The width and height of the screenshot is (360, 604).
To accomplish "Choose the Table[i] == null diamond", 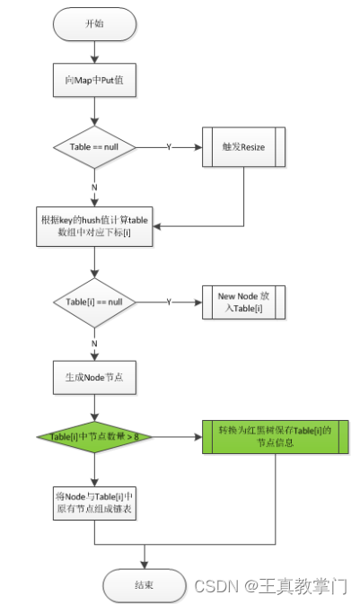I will pos(94,303).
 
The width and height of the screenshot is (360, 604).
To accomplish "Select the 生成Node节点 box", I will pos(94,378).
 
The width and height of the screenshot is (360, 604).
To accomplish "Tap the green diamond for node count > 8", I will pos(94,437).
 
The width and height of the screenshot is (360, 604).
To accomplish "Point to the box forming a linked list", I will pos(94,503).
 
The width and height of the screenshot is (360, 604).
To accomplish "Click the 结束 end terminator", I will pos(145,585).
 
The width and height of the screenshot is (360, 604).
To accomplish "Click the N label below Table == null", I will pos(94,187).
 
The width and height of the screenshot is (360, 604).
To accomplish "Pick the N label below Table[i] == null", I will pos(94,342).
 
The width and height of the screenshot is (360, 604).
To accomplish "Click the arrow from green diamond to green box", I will pos(176,437).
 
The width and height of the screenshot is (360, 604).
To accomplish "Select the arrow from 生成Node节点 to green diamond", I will pos(94,407).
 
